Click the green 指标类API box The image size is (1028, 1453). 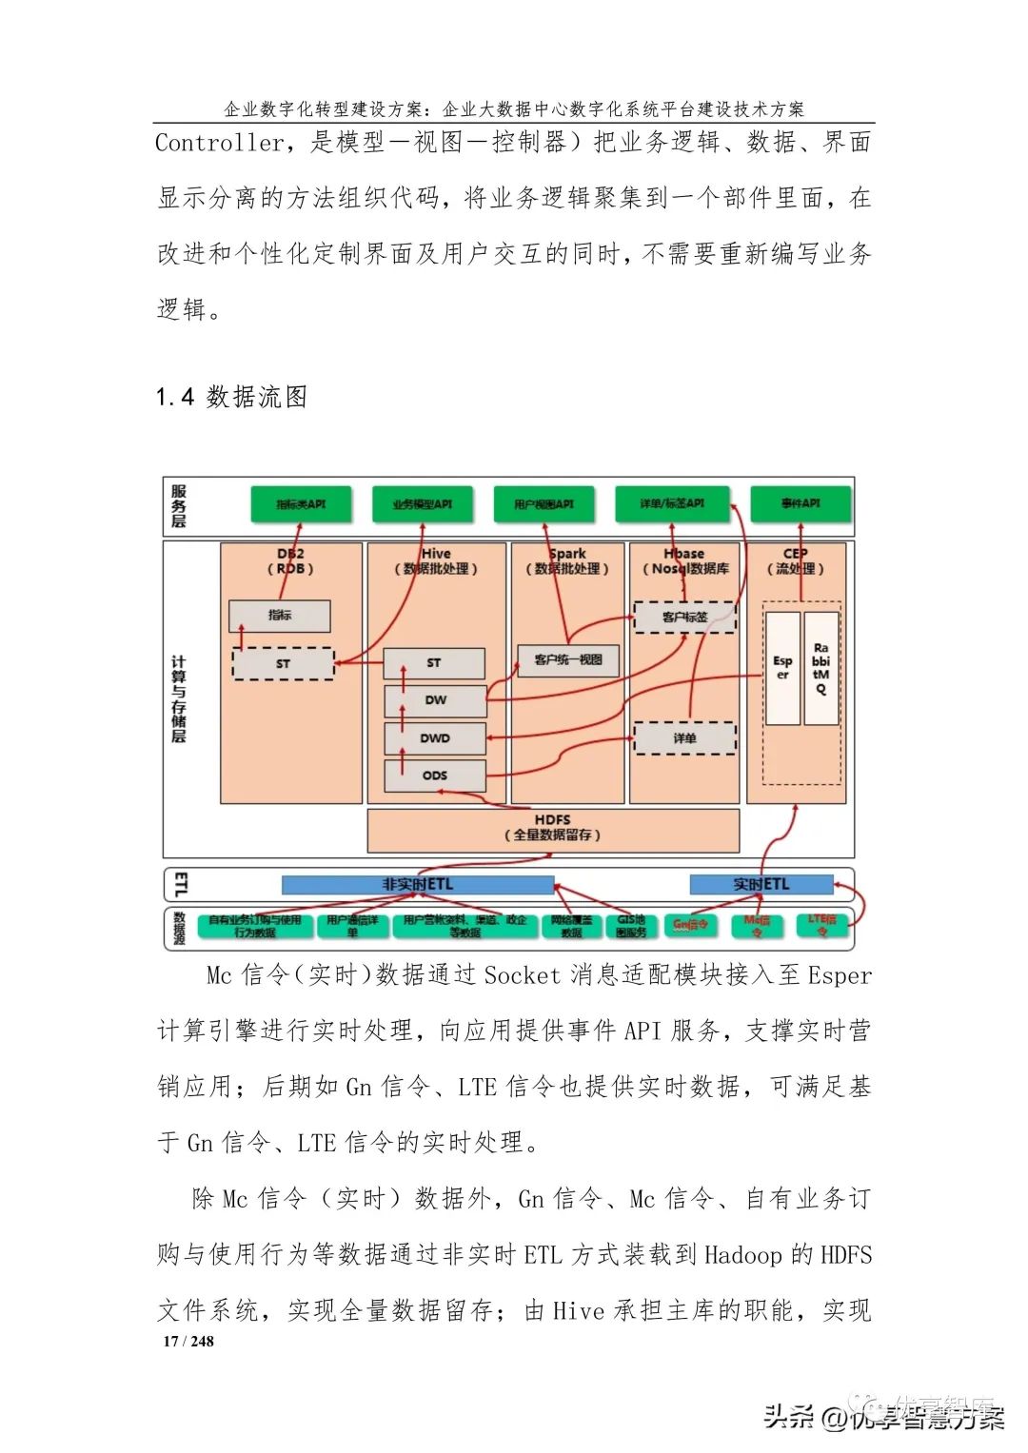[x=301, y=503]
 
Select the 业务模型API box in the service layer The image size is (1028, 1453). [x=422, y=503]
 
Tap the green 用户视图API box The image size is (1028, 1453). [x=544, y=503]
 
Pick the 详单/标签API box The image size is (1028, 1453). [x=672, y=502]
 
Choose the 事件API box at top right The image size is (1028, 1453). [x=800, y=502]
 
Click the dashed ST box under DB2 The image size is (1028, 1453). [x=283, y=663]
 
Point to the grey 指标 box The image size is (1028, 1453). [x=279, y=616]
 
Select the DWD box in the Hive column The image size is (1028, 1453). [x=435, y=737]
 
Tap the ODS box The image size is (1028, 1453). [x=435, y=776]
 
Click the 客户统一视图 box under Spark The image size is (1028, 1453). [x=568, y=659]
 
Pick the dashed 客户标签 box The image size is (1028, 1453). [x=684, y=617]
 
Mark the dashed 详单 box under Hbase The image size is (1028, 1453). [x=684, y=737]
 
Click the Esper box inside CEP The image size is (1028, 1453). [x=782, y=667]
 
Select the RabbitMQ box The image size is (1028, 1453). [x=820, y=667]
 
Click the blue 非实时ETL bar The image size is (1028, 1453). [x=418, y=885]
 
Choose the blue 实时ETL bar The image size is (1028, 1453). [x=761, y=885]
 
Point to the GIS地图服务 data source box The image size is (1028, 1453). [x=630, y=926]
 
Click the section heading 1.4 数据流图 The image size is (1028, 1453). [x=231, y=397]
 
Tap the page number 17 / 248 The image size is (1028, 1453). [x=188, y=1341]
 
